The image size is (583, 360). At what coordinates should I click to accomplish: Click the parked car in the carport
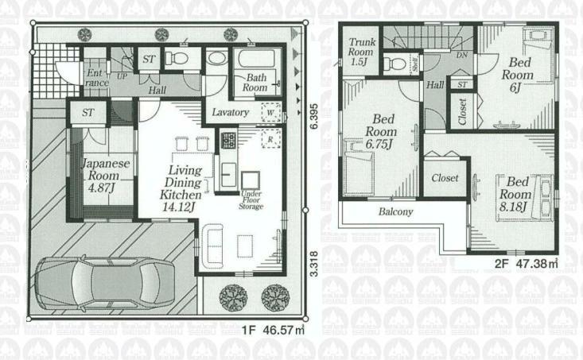click(111, 282)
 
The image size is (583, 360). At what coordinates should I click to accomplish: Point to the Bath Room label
click(255, 83)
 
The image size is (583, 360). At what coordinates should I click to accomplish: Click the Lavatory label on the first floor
click(231, 113)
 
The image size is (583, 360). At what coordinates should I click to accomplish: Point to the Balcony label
click(395, 212)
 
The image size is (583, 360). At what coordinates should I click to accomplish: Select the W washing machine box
click(271, 113)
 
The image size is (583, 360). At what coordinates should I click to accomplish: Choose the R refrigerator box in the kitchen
click(271, 139)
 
